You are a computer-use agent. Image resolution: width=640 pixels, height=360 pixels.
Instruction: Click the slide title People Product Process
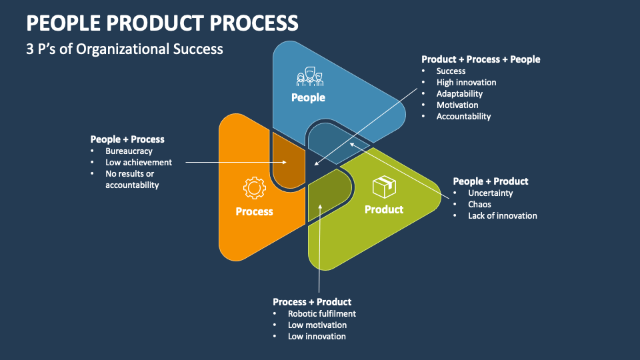[x=162, y=23]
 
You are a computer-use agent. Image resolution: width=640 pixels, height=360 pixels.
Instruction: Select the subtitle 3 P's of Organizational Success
[x=125, y=49]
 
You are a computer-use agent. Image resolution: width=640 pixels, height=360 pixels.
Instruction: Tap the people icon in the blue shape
[x=309, y=77]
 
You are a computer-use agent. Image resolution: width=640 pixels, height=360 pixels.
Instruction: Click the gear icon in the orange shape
[x=254, y=189]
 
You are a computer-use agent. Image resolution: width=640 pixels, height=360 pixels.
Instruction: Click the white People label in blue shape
[x=308, y=97]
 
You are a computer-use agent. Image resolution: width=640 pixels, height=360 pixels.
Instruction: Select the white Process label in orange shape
[x=254, y=211]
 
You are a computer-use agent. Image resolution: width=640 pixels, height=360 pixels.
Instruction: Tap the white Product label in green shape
[x=383, y=209]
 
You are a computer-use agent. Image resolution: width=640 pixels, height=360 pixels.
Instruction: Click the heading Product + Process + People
[x=481, y=59]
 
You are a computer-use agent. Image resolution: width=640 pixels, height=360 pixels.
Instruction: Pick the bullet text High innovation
[x=466, y=82]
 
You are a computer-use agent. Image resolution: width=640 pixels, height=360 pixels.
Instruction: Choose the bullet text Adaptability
[x=459, y=93]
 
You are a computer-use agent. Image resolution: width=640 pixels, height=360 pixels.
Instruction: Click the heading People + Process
[x=127, y=139]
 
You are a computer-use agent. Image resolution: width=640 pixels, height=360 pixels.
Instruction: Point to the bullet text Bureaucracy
[x=129, y=151]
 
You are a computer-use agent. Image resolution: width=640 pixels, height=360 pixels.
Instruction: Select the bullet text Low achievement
[x=139, y=162]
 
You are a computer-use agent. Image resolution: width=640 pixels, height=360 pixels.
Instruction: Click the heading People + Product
[x=490, y=181]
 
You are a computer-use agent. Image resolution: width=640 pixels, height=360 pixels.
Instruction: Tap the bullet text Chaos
[x=479, y=204]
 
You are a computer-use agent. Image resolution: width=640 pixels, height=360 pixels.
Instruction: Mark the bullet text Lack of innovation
[x=502, y=215]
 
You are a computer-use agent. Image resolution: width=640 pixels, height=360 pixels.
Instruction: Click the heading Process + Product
[x=312, y=302]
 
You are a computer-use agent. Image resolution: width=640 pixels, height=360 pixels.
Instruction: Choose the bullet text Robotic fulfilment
[x=322, y=313]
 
